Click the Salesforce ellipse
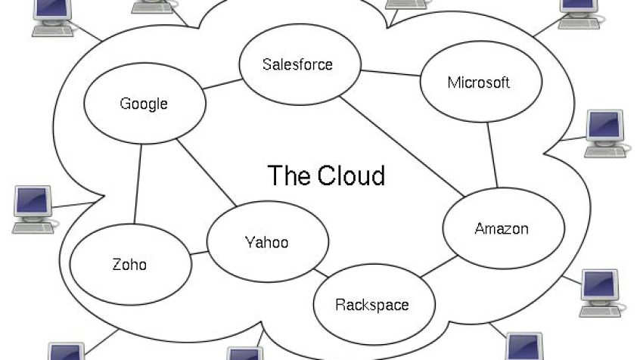[x=300, y=64]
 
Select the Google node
[x=145, y=104]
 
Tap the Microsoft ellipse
[x=481, y=82]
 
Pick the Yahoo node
[x=268, y=241]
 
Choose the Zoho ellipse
[x=131, y=265]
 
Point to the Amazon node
[x=504, y=228]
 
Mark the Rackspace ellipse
[x=374, y=305]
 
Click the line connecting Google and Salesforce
[x=222, y=84]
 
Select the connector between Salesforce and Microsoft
[x=390, y=73]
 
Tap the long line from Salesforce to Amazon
[x=402, y=147]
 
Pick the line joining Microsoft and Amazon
[x=492, y=155]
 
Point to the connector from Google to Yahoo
[x=207, y=172]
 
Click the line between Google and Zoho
[x=138, y=184]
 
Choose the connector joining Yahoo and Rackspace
[x=321, y=273]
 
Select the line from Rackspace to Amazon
[x=439, y=266]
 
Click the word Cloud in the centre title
[x=351, y=175]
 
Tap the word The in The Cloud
[x=290, y=175]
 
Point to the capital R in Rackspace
[x=340, y=305]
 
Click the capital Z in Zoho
[x=117, y=265]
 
